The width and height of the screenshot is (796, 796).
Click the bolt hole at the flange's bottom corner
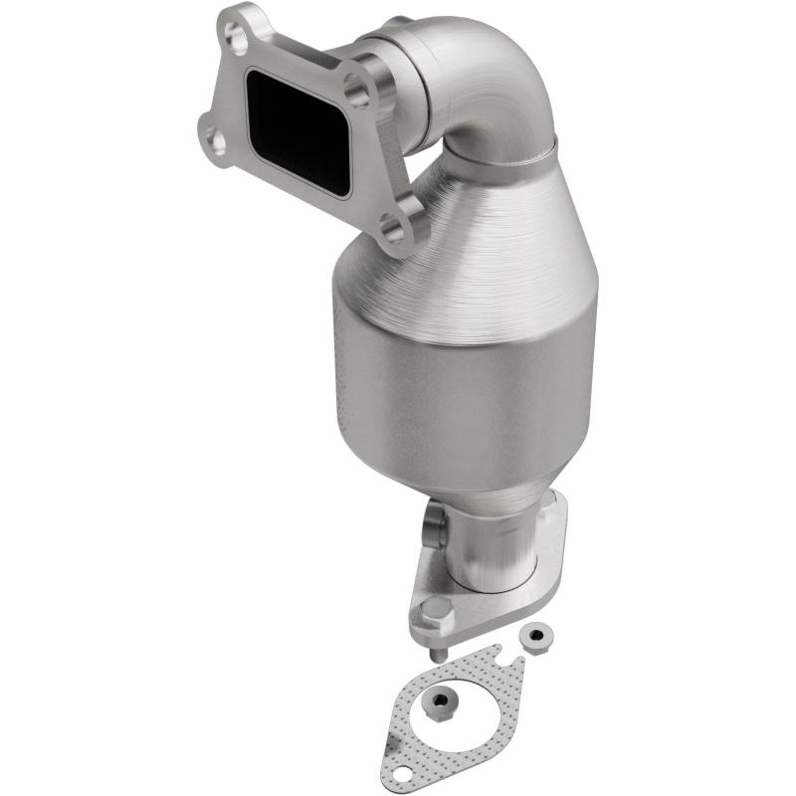tap(395, 232)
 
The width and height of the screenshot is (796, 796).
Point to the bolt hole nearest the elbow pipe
tap(359, 95)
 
